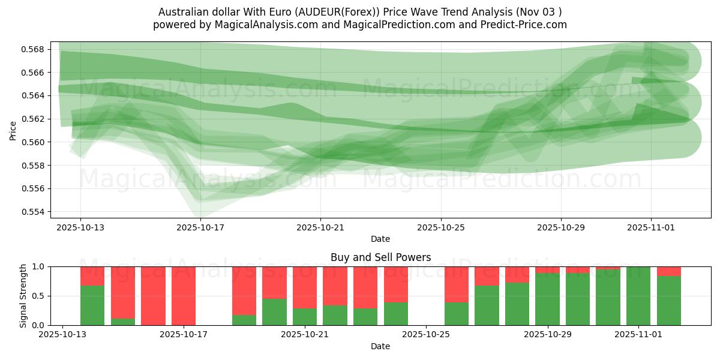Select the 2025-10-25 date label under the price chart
[441, 227]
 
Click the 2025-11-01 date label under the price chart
[651, 227]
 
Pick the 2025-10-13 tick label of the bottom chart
[62, 335]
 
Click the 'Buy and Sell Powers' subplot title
[380, 257]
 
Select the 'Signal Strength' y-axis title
[23, 296]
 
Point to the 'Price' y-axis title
[13, 131]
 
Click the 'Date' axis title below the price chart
[380, 239]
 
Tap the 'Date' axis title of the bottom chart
[380, 346]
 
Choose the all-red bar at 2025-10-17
[184, 296]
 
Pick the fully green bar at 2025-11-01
[638, 296]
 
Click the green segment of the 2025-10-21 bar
[305, 317]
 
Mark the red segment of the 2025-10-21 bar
[305, 287]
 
